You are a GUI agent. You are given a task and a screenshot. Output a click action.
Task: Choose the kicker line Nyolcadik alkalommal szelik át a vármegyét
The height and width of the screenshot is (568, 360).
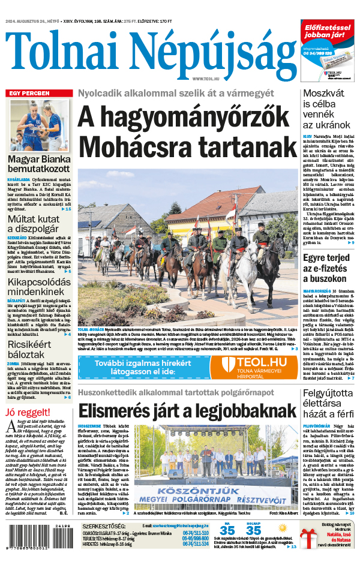175,94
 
